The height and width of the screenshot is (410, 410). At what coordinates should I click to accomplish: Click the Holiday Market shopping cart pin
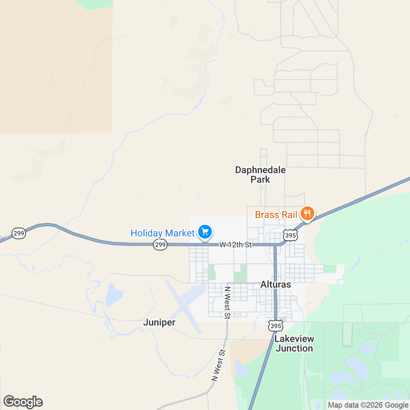coord(205,232)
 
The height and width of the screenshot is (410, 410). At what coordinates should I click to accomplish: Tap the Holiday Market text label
coord(162,233)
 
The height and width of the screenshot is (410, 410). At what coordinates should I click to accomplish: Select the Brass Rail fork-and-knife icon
coord(307,214)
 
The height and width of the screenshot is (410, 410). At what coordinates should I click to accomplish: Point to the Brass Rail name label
coord(276,215)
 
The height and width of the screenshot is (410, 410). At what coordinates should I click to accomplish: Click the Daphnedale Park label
coord(260,175)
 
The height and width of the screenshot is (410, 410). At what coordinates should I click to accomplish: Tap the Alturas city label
coord(276,284)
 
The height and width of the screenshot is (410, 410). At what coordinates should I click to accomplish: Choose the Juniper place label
coord(159,322)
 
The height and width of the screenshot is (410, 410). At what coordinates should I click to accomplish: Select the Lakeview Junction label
coord(294,343)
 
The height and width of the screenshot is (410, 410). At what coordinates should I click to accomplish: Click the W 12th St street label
coord(235,245)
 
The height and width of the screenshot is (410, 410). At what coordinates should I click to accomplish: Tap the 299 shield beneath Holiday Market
coord(160,245)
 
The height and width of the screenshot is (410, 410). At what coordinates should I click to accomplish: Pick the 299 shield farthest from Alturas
coord(19,233)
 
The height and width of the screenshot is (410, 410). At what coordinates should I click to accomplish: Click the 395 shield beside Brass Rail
coord(290,235)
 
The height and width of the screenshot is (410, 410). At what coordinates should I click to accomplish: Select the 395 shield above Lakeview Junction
coord(275,326)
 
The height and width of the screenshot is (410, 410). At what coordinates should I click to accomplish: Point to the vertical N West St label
coord(227,303)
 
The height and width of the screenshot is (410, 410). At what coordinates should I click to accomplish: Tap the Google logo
coord(23,402)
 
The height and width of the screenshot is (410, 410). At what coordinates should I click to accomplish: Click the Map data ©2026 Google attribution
coord(368,405)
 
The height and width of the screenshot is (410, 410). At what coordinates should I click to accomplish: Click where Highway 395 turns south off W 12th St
coord(275,245)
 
